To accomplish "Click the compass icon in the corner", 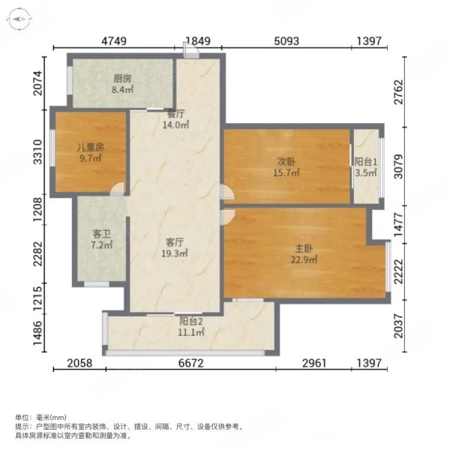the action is click(19, 19).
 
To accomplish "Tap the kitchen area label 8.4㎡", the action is click(122, 89).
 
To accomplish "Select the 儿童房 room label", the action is click(91, 148).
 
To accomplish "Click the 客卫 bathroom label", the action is click(101, 235).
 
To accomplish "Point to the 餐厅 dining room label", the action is click(175, 114).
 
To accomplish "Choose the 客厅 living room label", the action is click(175, 242).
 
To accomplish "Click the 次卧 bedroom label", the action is click(286, 162).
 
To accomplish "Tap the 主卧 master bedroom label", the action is click(304, 248).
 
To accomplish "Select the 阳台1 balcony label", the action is click(365, 162).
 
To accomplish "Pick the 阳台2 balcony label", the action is click(191, 321).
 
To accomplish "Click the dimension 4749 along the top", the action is click(114, 41).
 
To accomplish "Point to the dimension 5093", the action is click(286, 41).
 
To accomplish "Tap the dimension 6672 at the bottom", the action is click(190, 363).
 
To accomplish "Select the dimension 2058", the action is click(79, 363).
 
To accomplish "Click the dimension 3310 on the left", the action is click(38, 152).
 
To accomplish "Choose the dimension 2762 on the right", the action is click(398, 91).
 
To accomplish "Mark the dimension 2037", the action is click(398, 325).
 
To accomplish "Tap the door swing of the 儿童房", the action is click(118, 189).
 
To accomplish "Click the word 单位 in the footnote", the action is click(22, 417).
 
